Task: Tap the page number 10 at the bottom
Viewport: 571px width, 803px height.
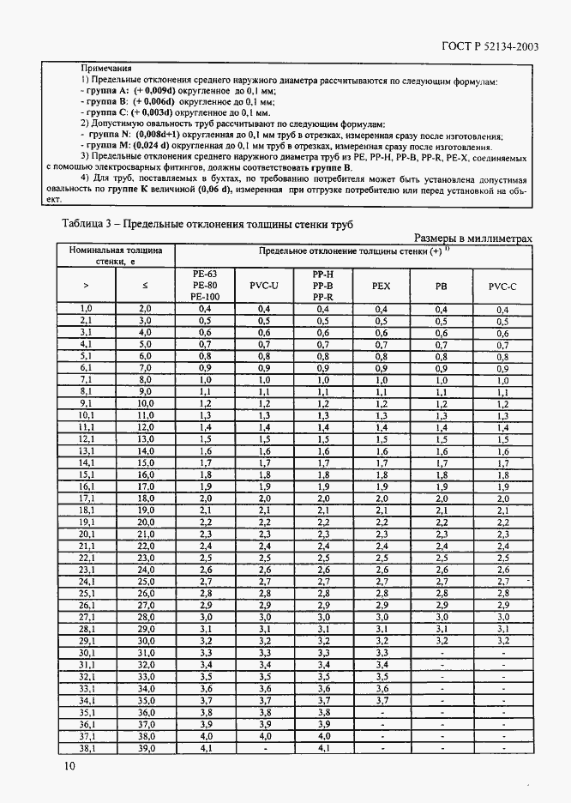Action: coord(69,766)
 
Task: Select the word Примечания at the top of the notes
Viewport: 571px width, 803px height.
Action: coord(105,67)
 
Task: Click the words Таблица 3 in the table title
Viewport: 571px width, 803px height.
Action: coord(90,225)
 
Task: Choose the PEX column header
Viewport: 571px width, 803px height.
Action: coord(382,284)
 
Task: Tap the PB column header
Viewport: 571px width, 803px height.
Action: coord(441,284)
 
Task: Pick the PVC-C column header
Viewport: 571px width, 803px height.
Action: coord(502,284)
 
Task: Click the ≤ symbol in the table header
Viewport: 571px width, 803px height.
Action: coord(145,284)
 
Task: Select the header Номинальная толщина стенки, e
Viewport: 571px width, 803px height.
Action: coord(116,255)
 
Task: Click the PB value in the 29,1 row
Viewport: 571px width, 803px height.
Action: coord(441,640)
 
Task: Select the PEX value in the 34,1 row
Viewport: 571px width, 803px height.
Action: coord(382,700)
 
